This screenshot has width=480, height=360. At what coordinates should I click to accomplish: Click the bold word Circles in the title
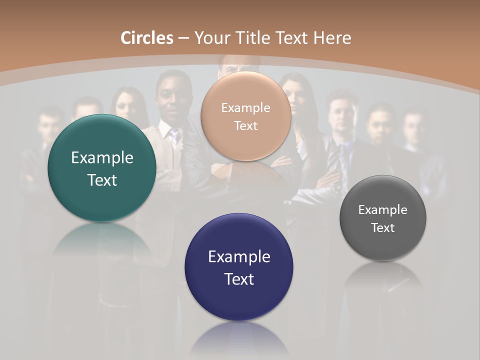[x=147, y=38]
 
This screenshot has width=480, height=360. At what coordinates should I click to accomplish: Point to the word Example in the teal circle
[x=102, y=158]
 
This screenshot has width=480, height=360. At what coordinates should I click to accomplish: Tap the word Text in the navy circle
[x=239, y=279]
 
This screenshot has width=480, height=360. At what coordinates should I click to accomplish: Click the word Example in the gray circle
[x=383, y=210]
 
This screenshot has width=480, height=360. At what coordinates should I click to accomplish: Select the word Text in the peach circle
[x=245, y=126]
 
